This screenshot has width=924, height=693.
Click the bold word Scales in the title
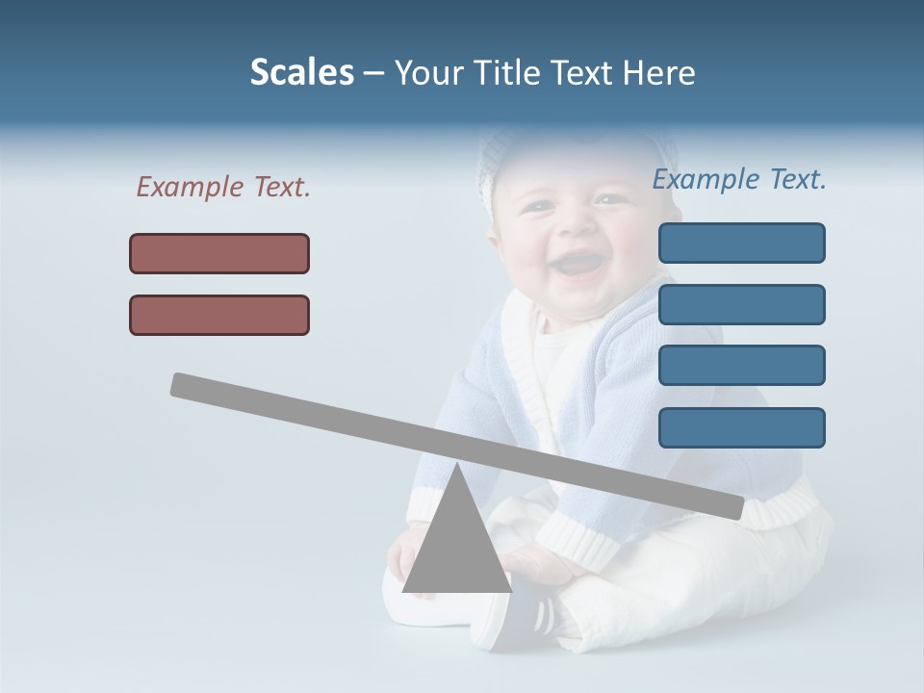click(302, 73)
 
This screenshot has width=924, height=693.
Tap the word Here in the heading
click(658, 73)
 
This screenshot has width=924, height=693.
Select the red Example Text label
click(223, 187)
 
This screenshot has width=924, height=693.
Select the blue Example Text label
click(739, 179)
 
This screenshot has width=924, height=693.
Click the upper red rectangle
click(219, 253)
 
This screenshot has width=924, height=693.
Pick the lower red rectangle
click(219, 315)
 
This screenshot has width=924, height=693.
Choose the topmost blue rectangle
click(742, 243)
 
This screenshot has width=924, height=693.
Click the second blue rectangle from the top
click(742, 304)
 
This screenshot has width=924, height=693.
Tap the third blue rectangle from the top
click(742, 366)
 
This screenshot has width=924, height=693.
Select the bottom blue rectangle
click(742, 427)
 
